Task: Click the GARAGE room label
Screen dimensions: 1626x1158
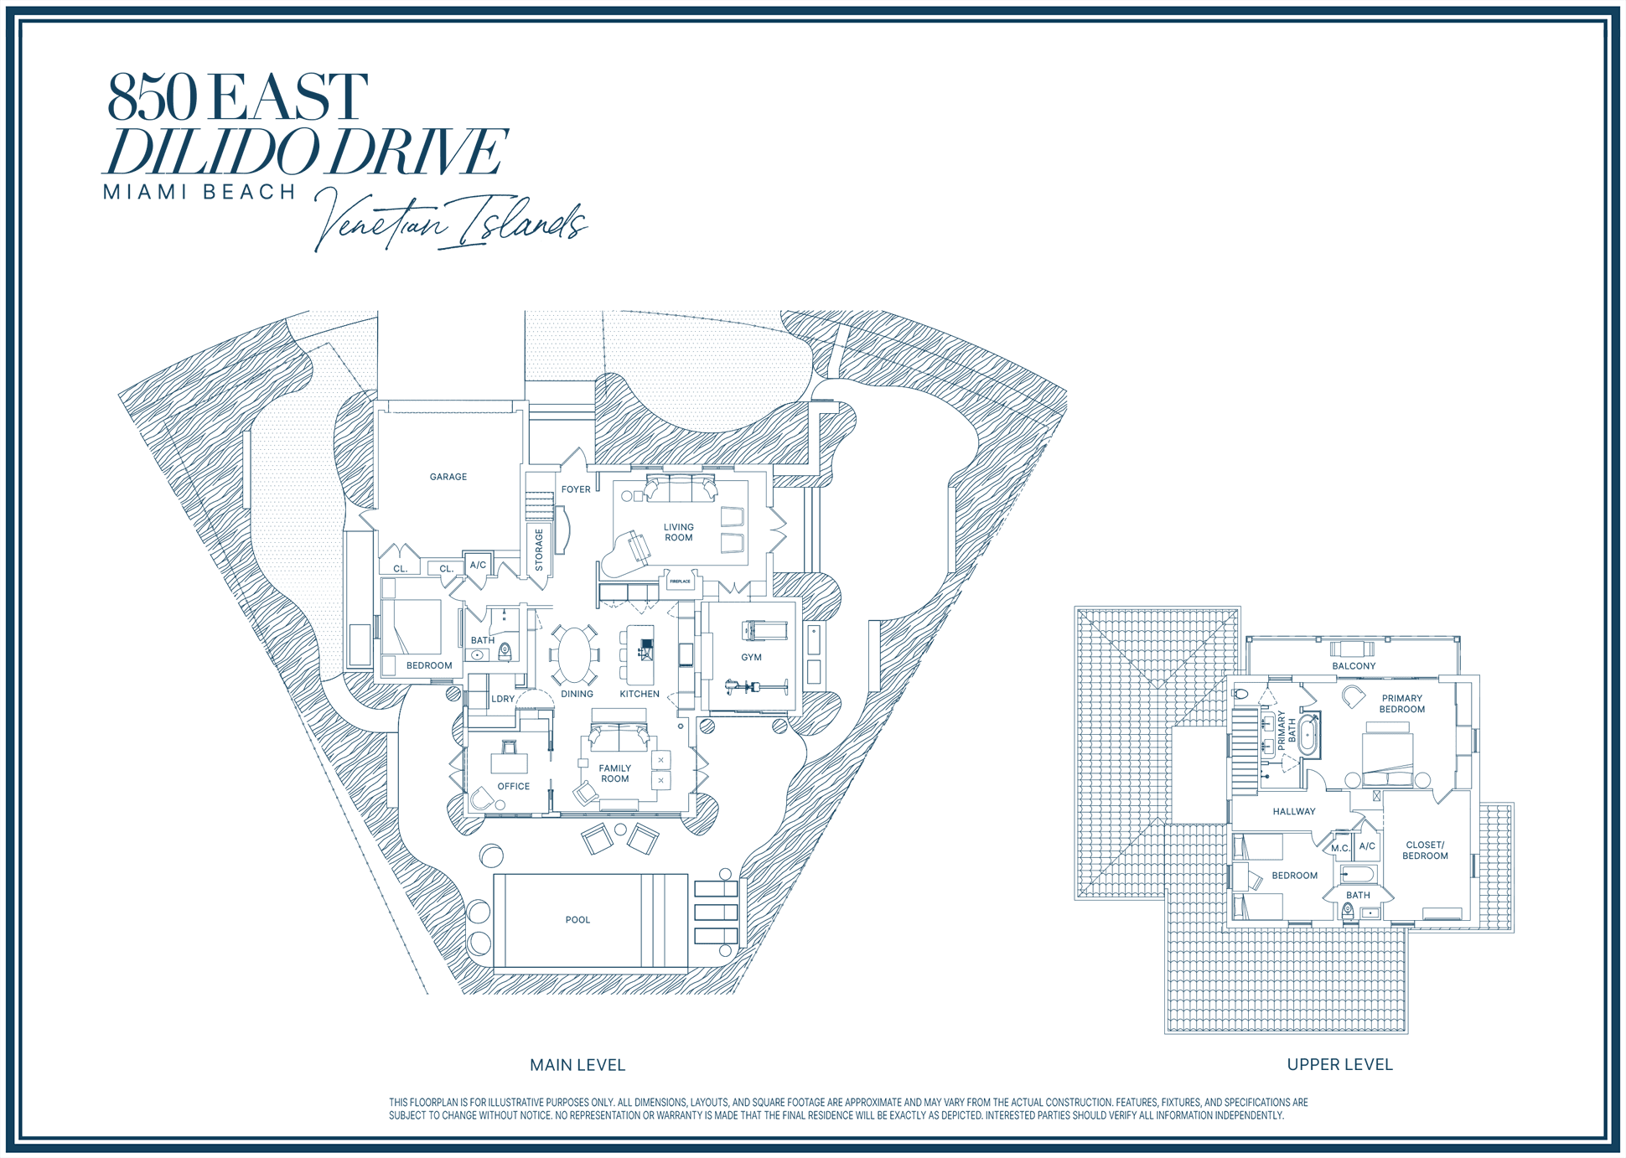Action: (448, 477)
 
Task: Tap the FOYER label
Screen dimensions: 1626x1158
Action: (576, 489)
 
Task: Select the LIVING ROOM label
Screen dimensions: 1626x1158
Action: (679, 533)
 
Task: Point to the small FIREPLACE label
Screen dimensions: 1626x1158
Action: (680, 581)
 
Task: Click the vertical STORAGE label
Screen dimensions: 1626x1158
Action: (539, 550)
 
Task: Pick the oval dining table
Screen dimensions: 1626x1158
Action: (575, 654)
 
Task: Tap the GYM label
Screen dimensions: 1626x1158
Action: (752, 658)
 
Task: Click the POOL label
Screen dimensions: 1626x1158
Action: (577, 920)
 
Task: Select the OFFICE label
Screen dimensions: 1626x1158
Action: (514, 787)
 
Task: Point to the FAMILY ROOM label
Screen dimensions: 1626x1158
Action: (615, 773)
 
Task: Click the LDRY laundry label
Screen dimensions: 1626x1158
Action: (503, 699)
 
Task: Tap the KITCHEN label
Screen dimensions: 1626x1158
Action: (640, 694)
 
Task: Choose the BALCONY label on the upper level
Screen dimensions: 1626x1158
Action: (1354, 666)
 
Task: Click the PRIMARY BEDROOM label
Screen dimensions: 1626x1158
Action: (1402, 704)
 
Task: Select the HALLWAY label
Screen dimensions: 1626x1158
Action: (1294, 812)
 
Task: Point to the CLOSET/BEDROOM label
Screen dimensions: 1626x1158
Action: (1425, 850)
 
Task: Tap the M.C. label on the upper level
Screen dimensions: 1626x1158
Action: (1341, 849)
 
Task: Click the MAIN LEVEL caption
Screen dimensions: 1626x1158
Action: (577, 1065)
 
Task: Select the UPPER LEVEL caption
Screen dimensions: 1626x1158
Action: (1339, 1064)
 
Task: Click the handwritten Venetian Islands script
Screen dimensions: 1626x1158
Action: (451, 219)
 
